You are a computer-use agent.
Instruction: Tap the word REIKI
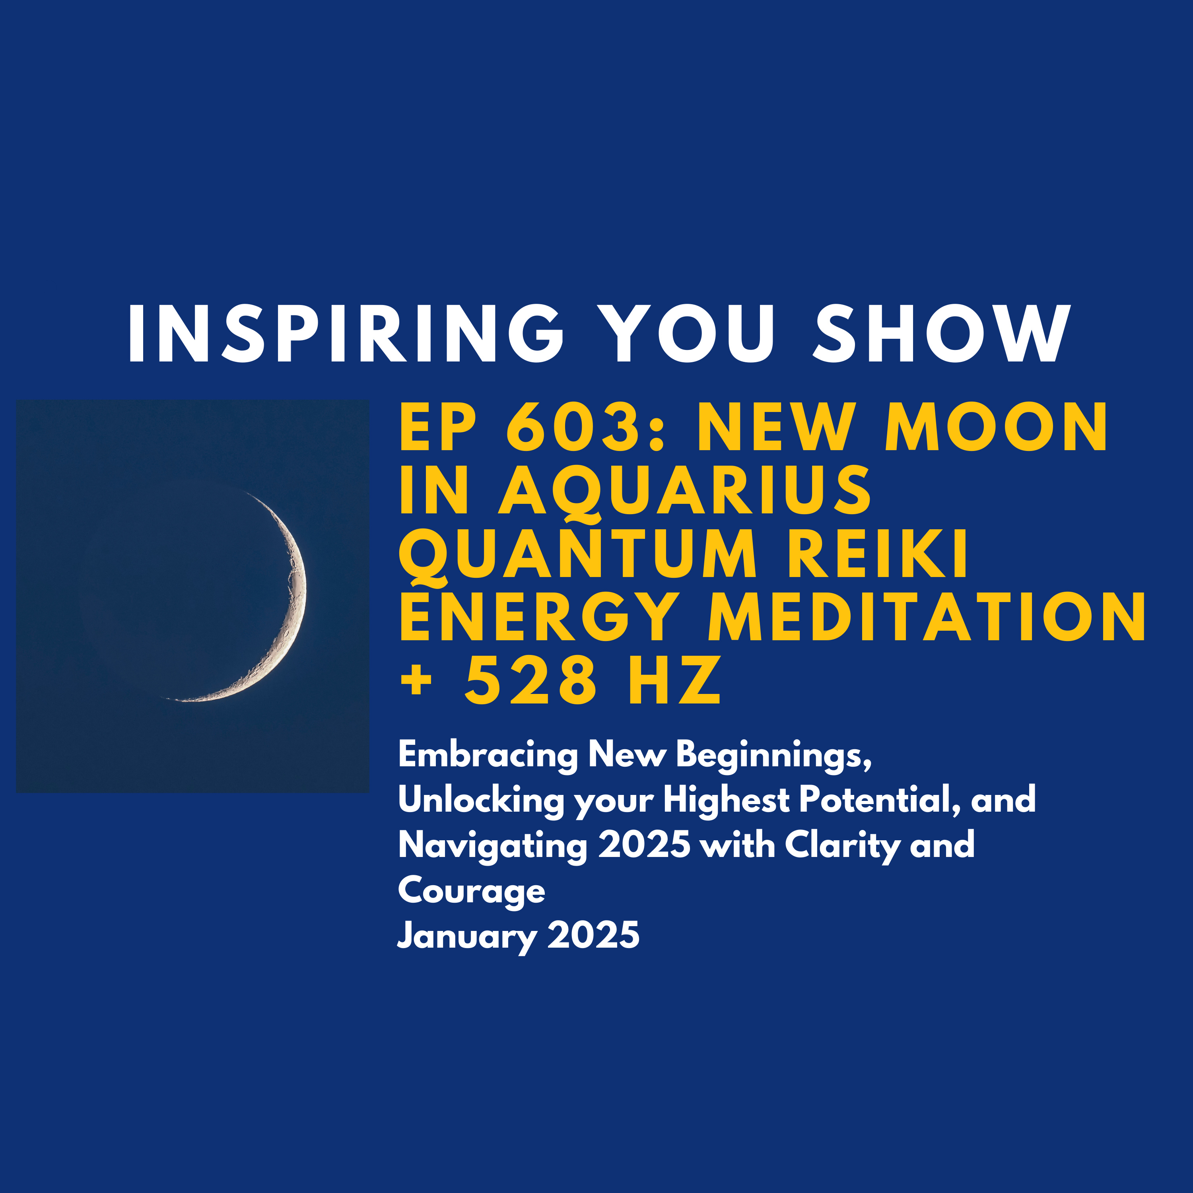point(877,554)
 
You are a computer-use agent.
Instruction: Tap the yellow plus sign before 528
point(416,682)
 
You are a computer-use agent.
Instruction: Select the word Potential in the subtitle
point(879,800)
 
